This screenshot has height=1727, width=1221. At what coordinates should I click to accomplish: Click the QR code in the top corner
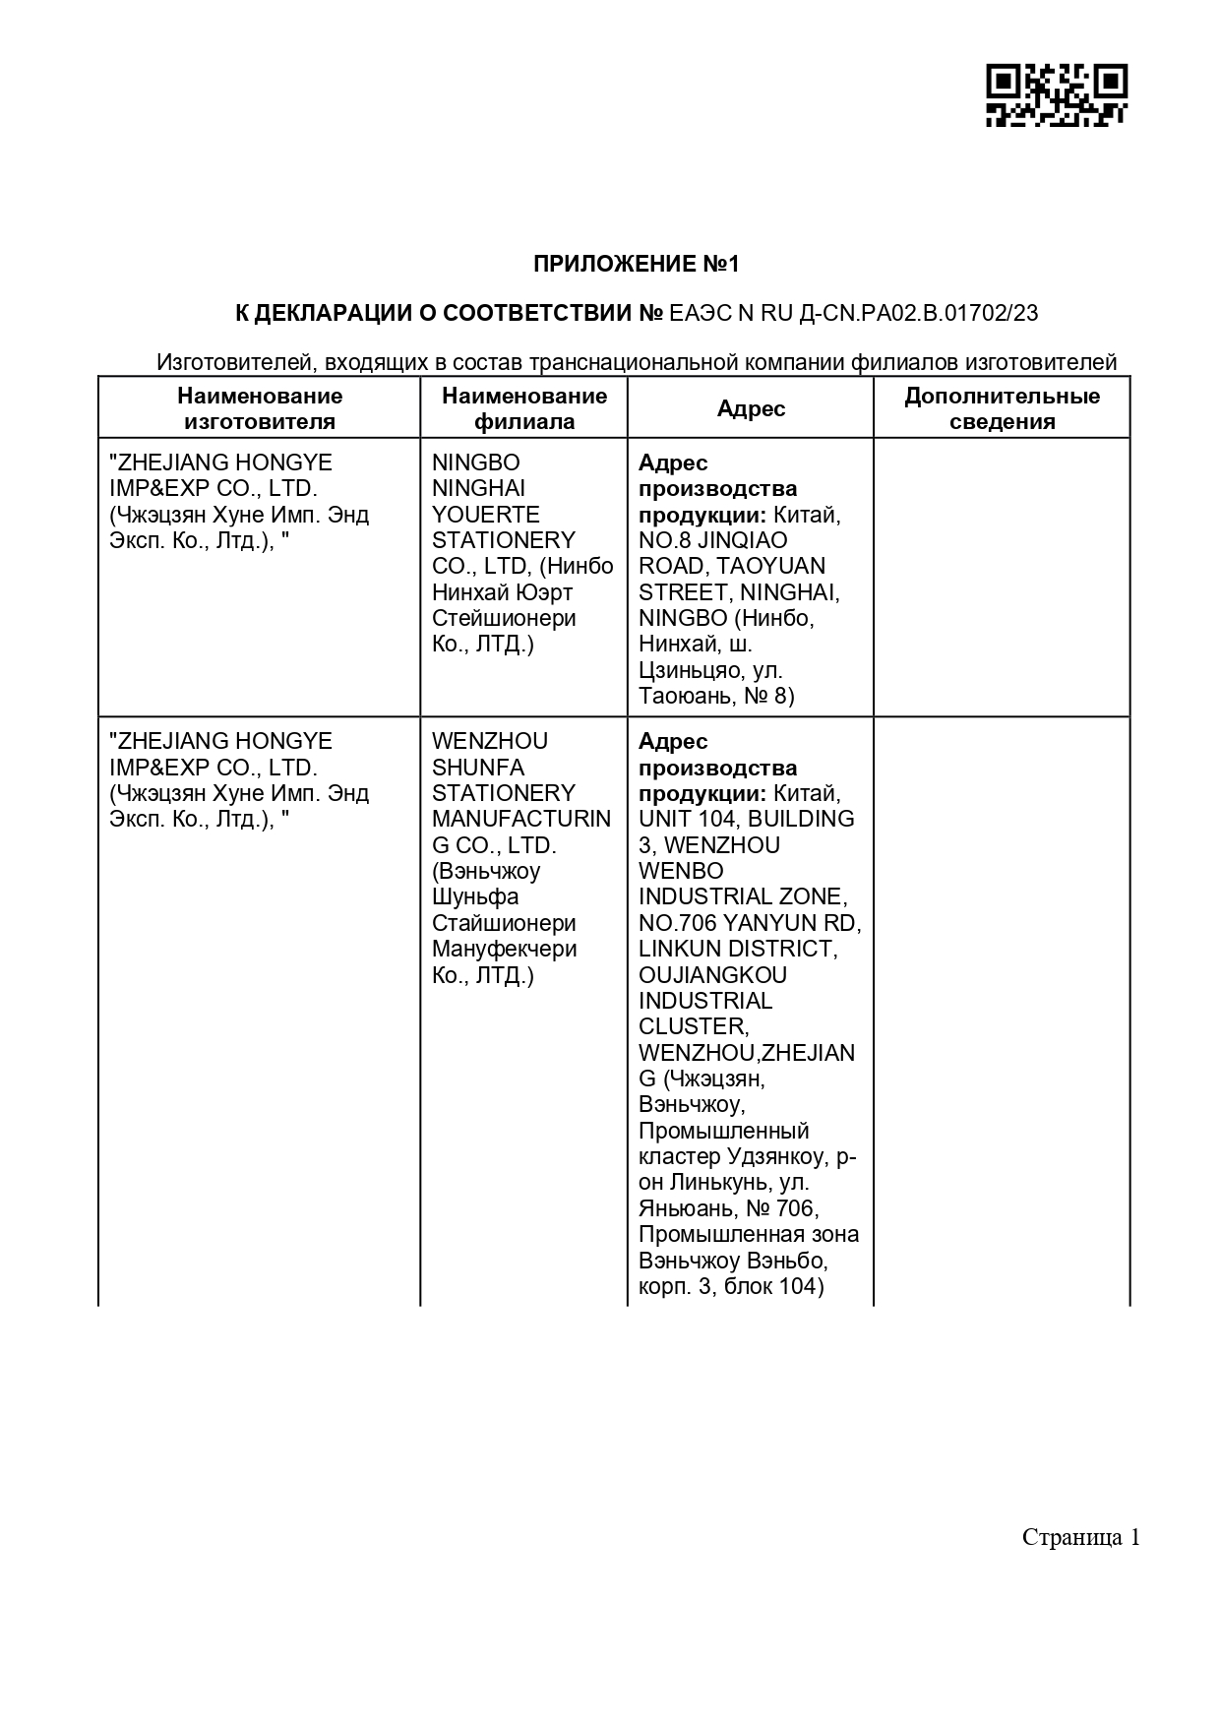coord(1056,94)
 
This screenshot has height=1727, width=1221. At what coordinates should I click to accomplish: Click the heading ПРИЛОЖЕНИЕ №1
coord(636,264)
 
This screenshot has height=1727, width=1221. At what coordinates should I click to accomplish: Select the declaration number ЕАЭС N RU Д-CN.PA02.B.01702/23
coord(853,314)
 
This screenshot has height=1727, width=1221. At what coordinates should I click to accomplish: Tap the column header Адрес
coord(751,409)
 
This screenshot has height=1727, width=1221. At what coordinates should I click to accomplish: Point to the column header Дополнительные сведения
coord(1002,409)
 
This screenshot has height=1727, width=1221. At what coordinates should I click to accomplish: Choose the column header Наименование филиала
coord(524,409)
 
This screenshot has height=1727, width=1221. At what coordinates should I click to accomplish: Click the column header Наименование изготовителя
coord(260,409)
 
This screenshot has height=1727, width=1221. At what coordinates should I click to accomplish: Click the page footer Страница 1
coord(1080,1537)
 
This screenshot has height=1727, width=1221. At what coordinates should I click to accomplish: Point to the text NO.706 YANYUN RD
coord(750,923)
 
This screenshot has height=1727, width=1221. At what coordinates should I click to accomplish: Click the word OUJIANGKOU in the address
coord(712,975)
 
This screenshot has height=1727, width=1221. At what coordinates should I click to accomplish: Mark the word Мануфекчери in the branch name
coord(505,950)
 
